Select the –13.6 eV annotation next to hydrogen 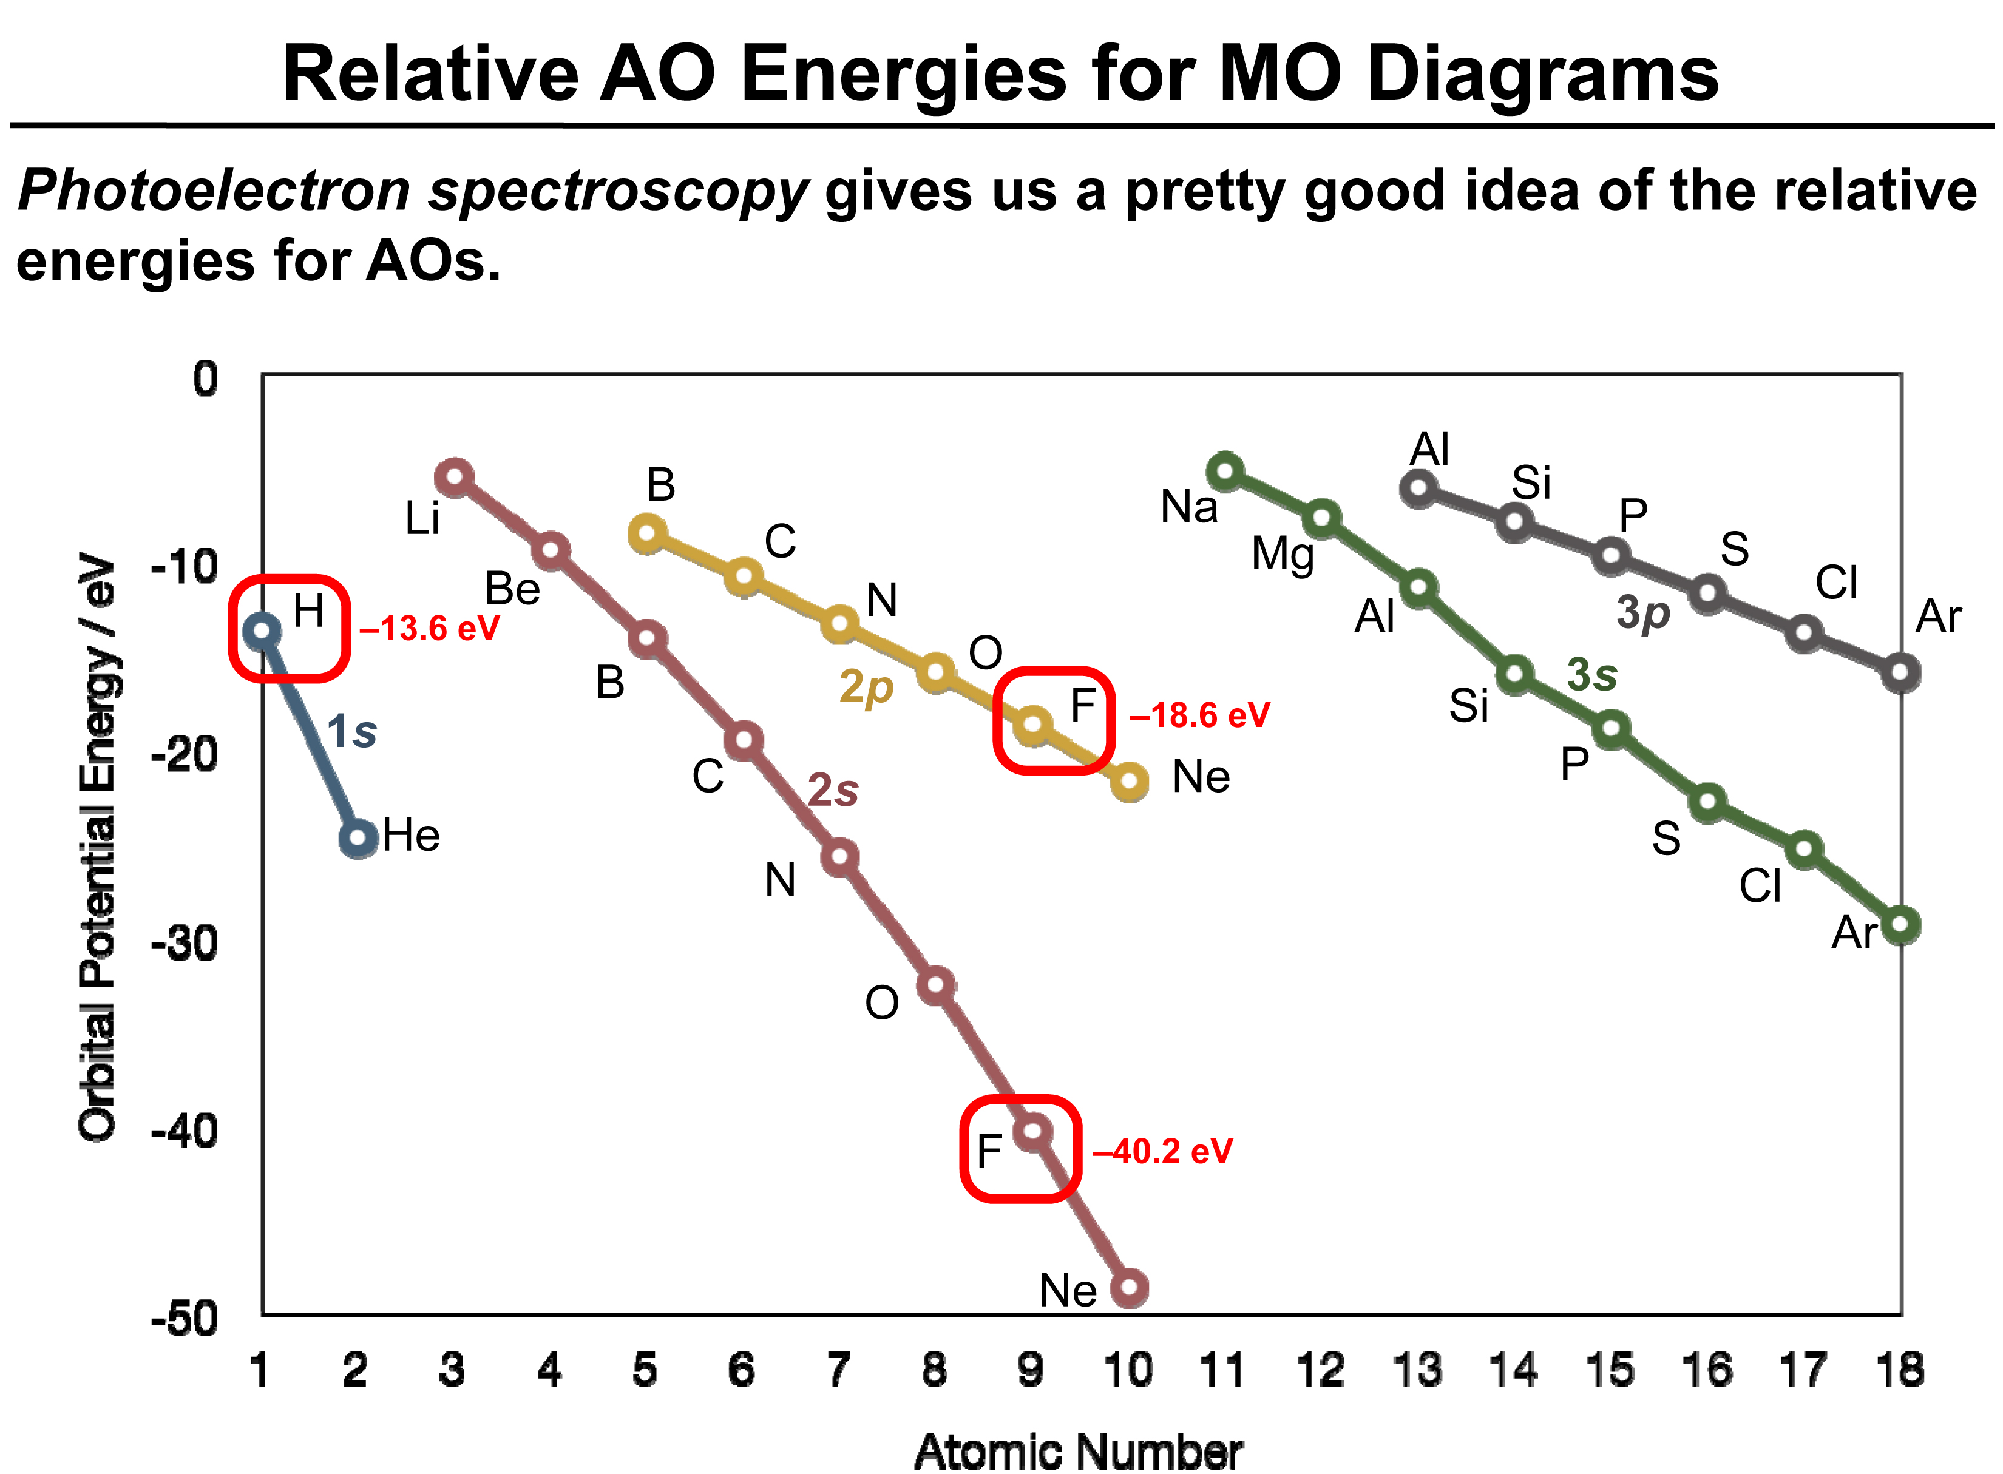[429, 629]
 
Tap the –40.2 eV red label [1162, 1151]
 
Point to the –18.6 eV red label [1199, 715]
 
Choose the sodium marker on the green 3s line [1226, 470]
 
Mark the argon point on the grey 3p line [1900, 673]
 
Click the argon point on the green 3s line [1900, 925]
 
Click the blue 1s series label [351, 732]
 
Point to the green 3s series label [1591, 675]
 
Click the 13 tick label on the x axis [1417, 1370]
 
